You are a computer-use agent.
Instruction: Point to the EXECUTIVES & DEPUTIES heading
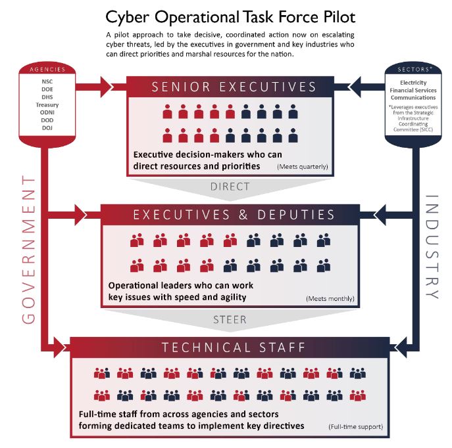234,215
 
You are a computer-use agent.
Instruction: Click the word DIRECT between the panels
230,187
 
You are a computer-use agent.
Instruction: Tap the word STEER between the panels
230,320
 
